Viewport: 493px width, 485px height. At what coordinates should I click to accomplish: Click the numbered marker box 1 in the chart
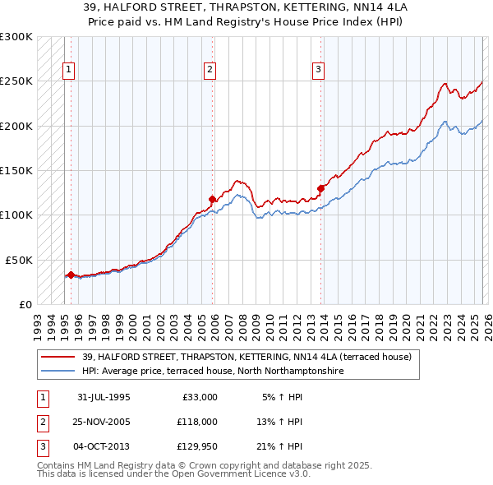(x=70, y=71)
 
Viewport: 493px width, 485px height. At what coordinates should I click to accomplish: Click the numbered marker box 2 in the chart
(x=210, y=71)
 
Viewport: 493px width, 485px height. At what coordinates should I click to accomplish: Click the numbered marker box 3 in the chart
(x=318, y=71)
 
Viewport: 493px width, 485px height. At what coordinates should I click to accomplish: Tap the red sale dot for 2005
(x=213, y=199)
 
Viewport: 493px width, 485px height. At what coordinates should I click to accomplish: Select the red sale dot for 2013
(x=320, y=188)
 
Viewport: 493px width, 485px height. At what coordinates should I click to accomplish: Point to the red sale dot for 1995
(x=71, y=275)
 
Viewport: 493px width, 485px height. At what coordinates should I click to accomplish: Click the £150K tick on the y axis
(x=16, y=170)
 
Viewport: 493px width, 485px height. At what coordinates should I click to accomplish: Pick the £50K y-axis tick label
(x=19, y=260)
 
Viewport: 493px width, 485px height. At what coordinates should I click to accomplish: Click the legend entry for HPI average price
(x=212, y=371)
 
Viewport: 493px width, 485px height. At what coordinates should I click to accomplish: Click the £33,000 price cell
(x=198, y=396)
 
